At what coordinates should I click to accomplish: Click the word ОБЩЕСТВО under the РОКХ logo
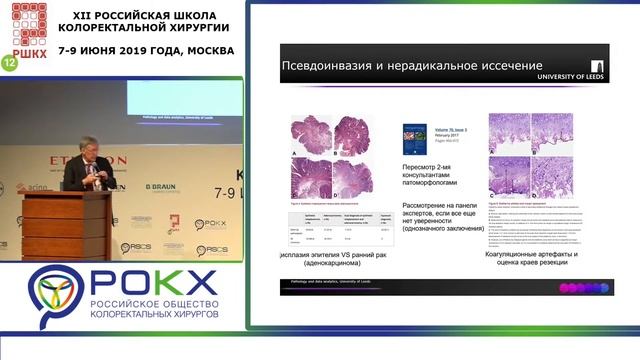(x=187, y=303)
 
